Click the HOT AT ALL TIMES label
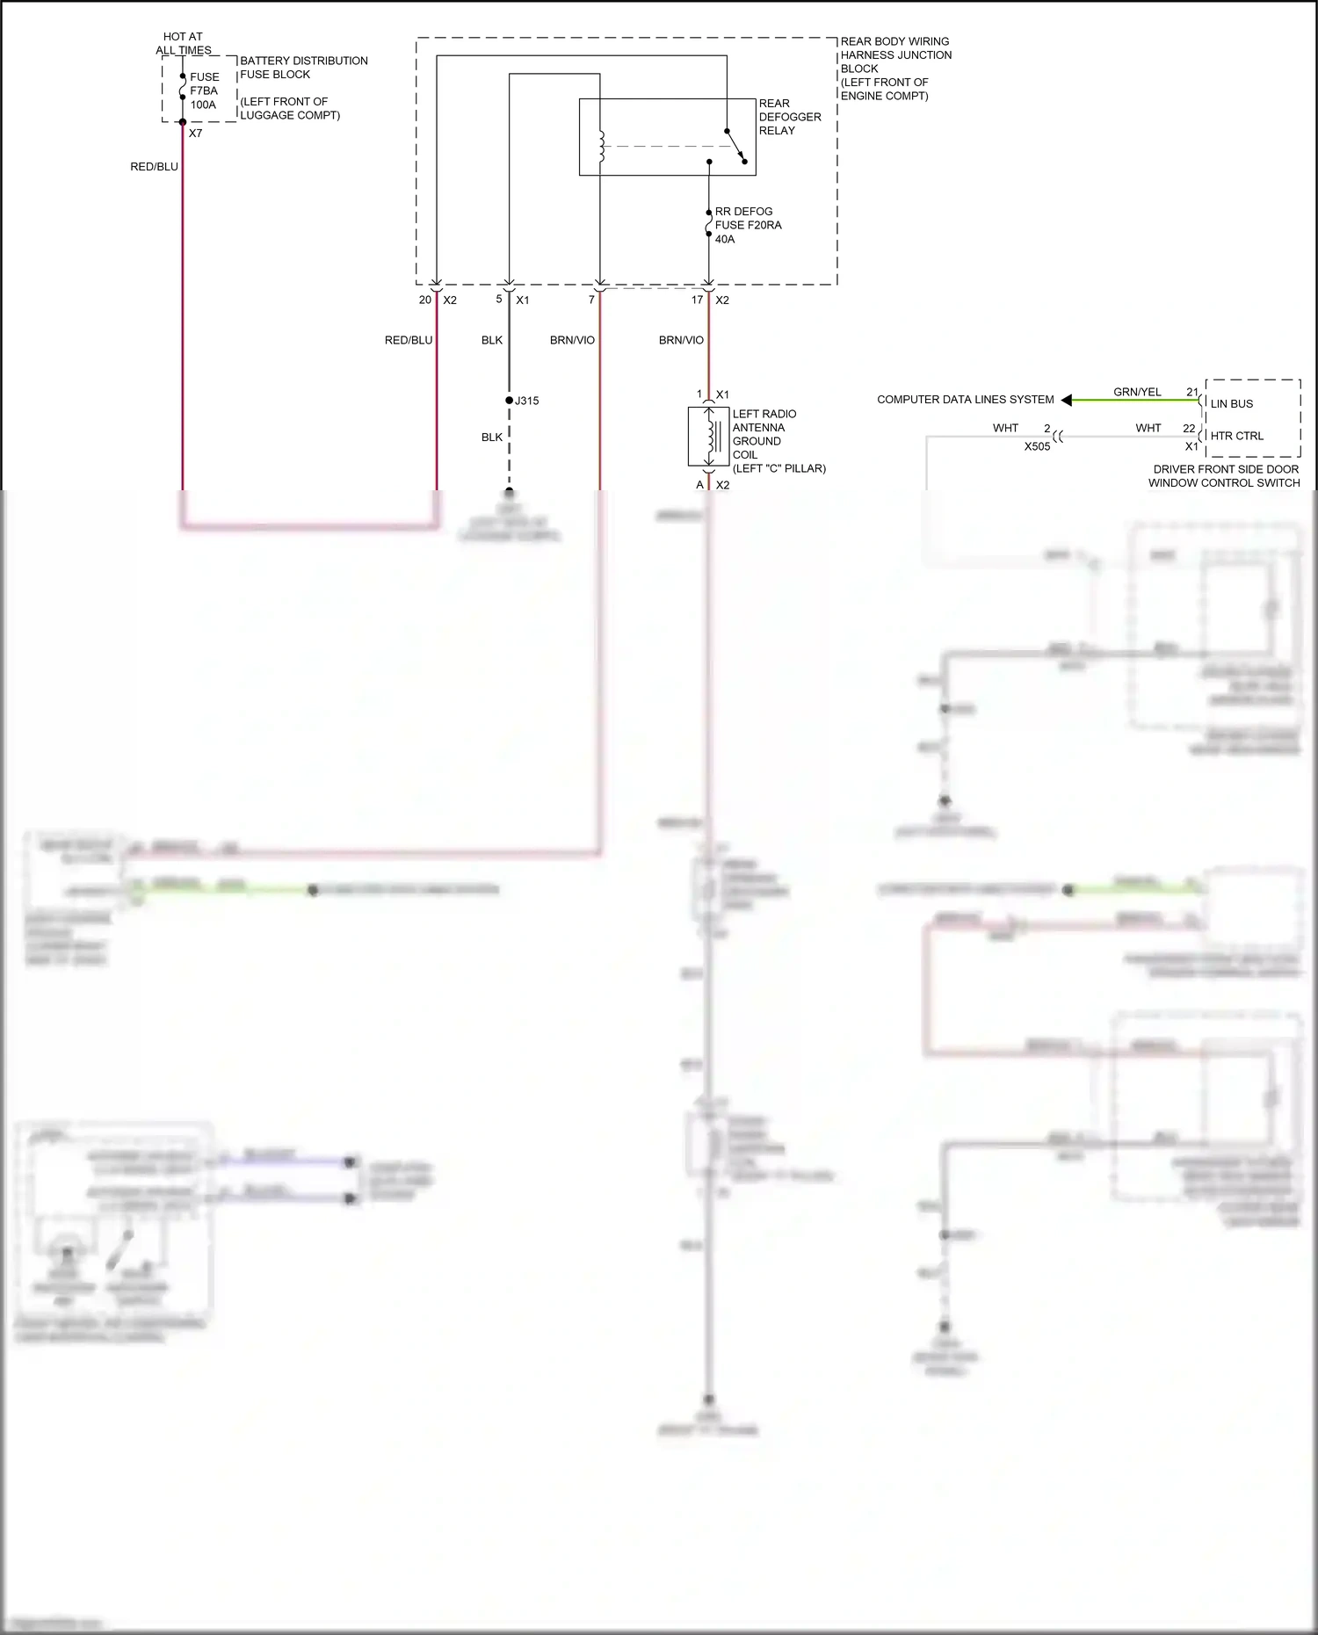tap(183, 44)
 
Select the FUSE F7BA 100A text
tap(204, 90)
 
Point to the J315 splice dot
tap(509, 401)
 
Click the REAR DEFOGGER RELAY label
tap(789, 117)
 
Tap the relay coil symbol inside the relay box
tap(602, 147)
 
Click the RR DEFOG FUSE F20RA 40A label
tap(747, 225)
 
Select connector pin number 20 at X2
tap(425, 300)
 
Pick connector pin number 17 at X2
tap(697, 300)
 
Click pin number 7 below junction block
tap(591, 300)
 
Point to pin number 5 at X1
tap(499, 300)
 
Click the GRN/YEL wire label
tap(1137, 393)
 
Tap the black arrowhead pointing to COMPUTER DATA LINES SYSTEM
tap(1067, 401)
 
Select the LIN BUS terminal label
tap(1232, 404)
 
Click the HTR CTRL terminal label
tap(1236, 436)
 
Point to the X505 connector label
tap(1037, 446)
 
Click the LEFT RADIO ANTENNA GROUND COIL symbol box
tap(708, 437)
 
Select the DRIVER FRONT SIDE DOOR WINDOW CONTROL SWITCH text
tap(1225, 476)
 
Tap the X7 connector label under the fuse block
tap(195, 134)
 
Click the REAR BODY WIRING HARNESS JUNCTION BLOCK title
tap(895, 69)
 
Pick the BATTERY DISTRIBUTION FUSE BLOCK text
tap(303, 68)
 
